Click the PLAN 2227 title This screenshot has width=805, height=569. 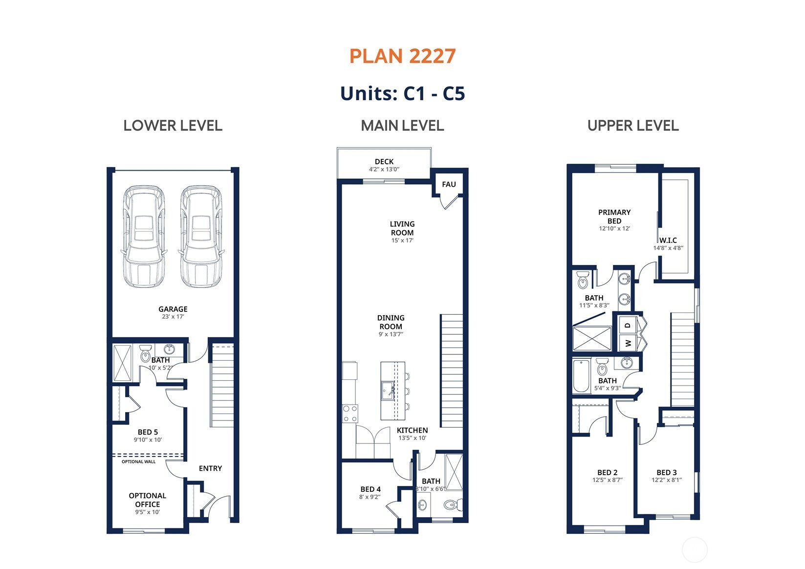coord(403,56)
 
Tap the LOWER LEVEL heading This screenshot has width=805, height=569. coord(173,126)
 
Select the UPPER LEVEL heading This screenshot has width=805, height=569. coord(633,126)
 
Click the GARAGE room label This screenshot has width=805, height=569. coord(173,309)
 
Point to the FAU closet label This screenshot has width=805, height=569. coord(449,184)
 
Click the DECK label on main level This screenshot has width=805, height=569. coord(384,162)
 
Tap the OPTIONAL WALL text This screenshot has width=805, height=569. coord(139,461)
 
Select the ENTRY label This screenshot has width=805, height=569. coord(211,468)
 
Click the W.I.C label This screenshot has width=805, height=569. coord(668,240)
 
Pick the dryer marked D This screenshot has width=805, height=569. coord(628,325)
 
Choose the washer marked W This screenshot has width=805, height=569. coord(628,343)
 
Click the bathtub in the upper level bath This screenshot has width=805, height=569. coord(581,376)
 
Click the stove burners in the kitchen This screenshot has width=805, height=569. coord(350,414)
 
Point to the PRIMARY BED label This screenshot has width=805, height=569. coord(614,217)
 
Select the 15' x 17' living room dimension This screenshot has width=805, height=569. coord(403,241)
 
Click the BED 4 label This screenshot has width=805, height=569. coord(370,489)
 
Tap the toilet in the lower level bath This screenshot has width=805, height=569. coord(145,354)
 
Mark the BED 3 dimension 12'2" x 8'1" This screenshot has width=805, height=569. coord(667,480)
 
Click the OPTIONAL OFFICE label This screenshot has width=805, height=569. coord(147,500)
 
